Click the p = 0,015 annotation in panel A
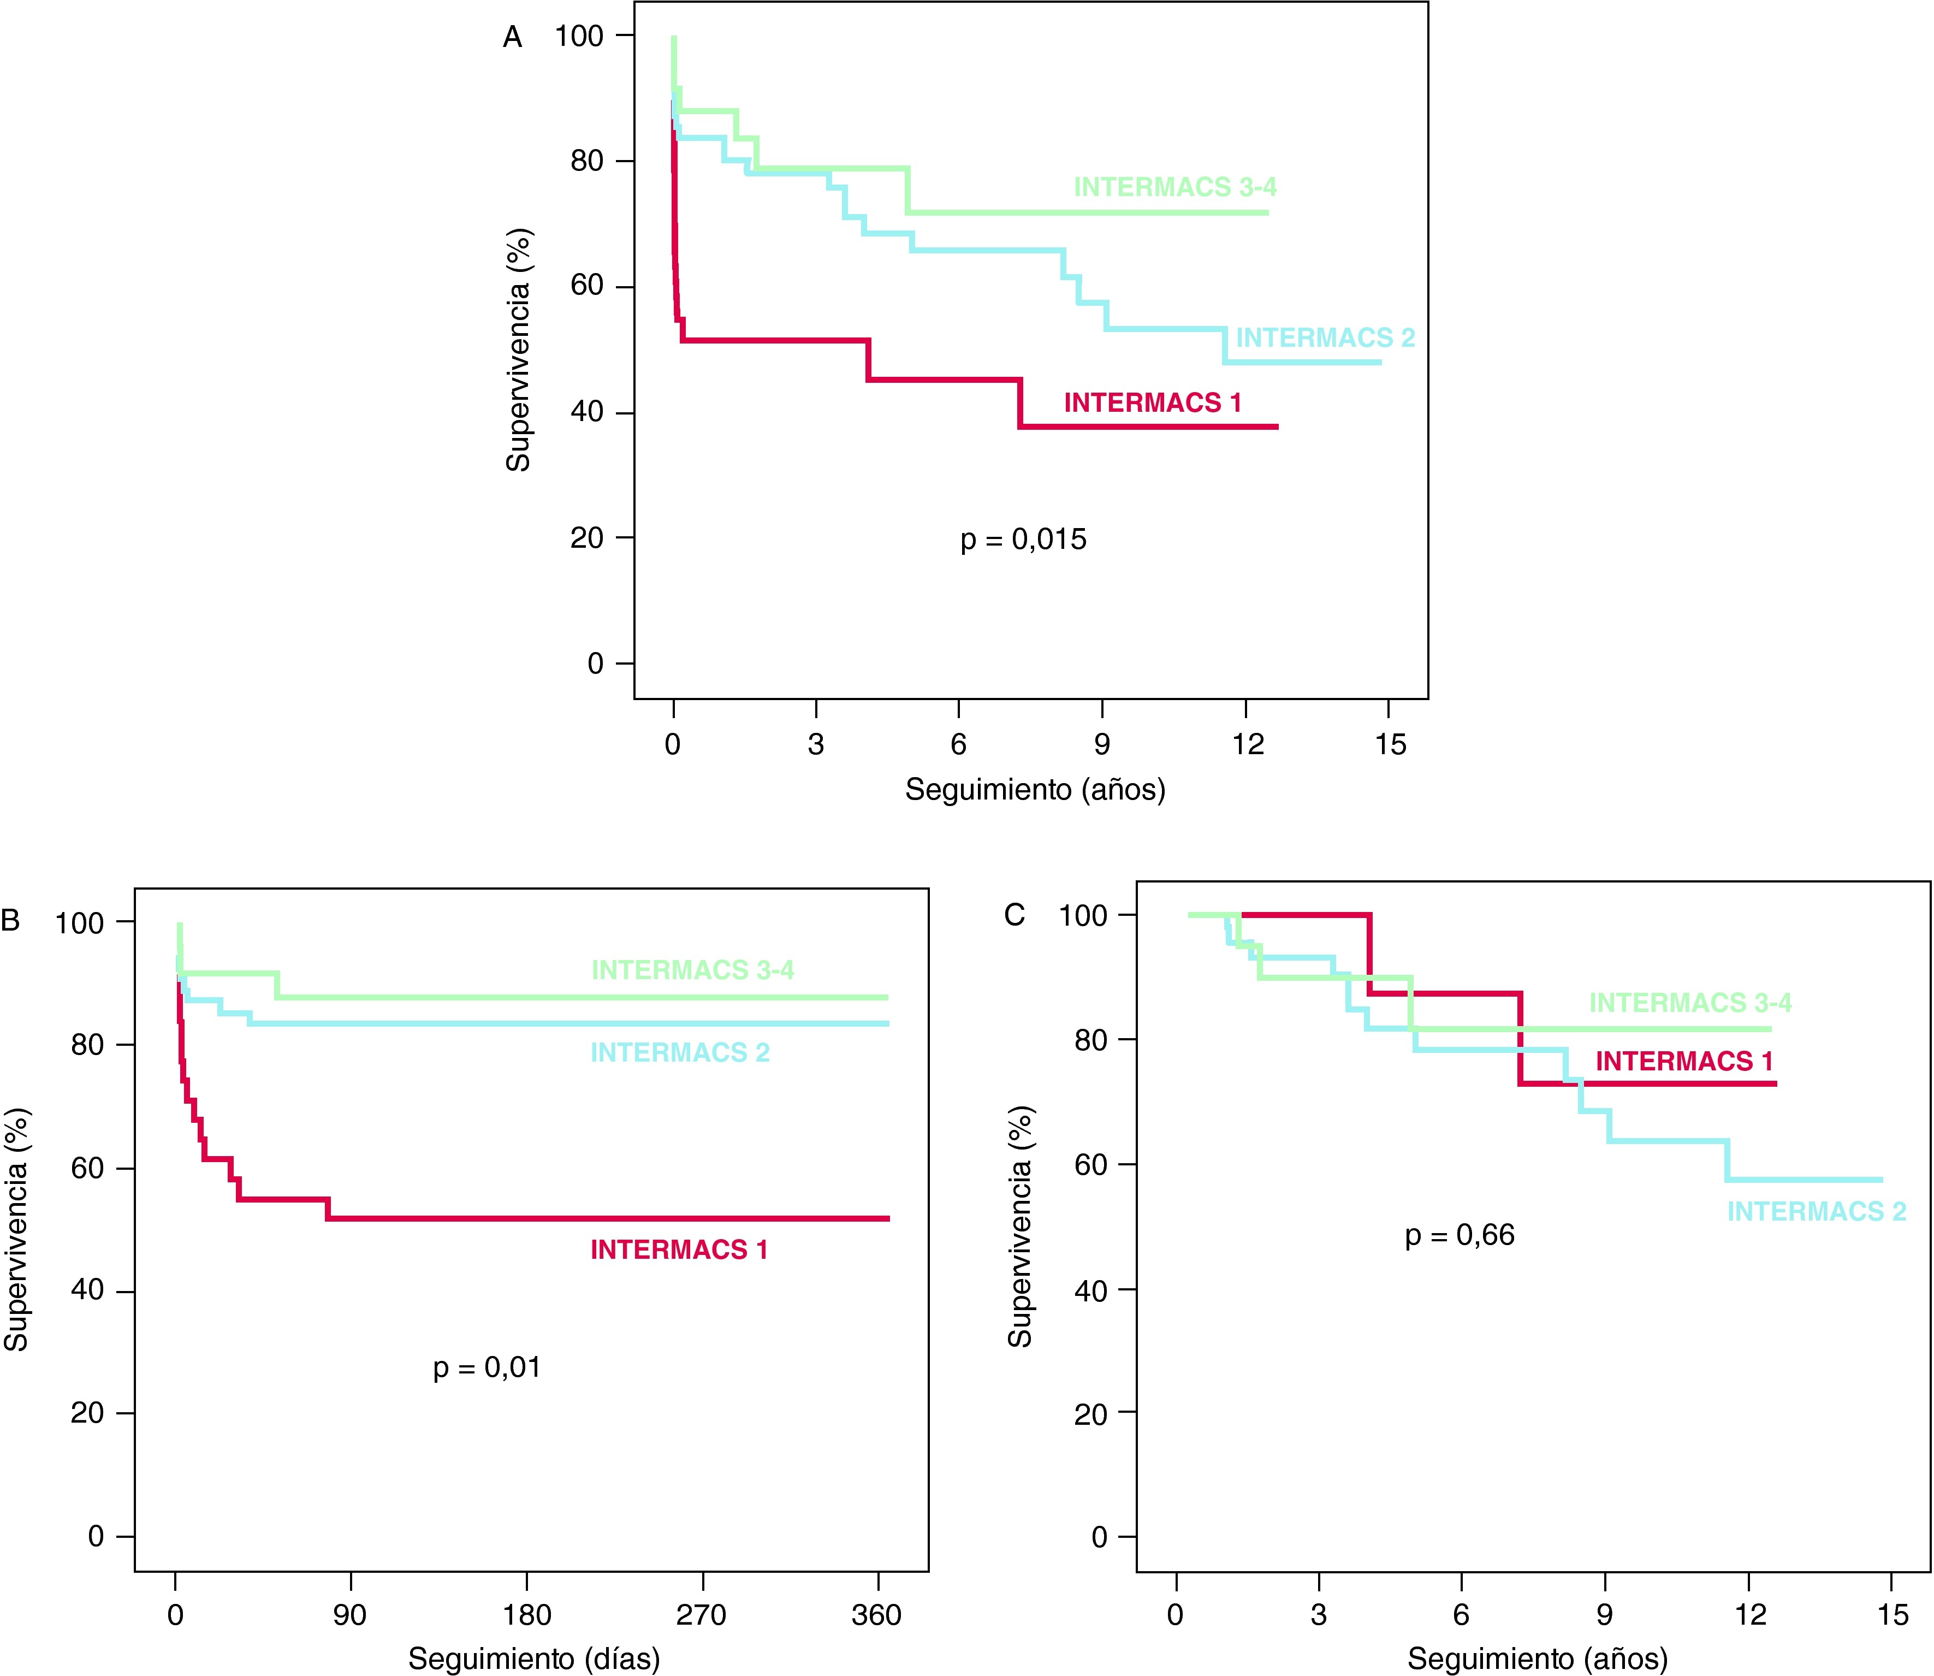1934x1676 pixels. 1023,540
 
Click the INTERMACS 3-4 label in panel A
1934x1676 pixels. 1174,187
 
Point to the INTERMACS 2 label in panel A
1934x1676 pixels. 1325,337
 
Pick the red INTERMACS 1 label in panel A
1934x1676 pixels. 1152,403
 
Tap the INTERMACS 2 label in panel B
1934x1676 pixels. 680,1052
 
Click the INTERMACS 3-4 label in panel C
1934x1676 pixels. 1690,1003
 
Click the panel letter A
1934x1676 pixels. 513,38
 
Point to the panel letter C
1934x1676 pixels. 1015,915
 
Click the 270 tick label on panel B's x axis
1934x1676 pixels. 702,1615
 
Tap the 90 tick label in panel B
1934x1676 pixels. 350,1615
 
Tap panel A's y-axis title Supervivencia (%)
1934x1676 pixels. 518,350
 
